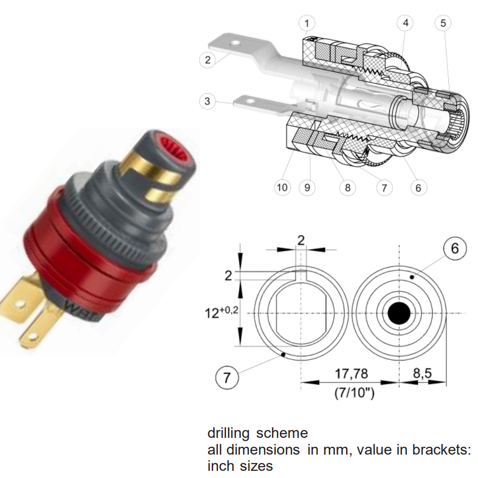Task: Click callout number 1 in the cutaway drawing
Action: click(307, 23)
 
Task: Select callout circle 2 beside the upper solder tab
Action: click(207, 60)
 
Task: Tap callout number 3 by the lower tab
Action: click(207, 101)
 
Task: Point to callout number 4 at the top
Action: click(405, 23)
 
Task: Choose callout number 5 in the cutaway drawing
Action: click(443, 23)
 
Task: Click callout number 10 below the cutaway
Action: click(282, 187)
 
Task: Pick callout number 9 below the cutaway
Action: click(307, 187)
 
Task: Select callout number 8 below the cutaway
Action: click(348, 188)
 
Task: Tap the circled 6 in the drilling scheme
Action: click(455, 249)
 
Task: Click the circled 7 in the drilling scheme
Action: click(227, 378)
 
